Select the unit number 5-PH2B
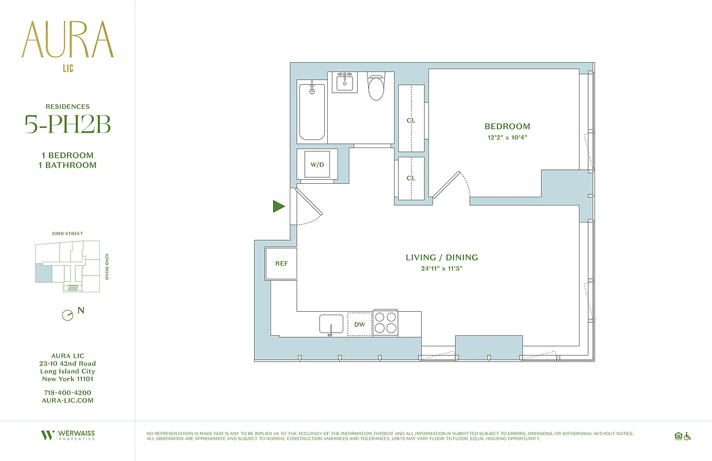pos(67,125)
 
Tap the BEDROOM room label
pos(507,126)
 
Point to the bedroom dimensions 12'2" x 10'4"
pos(507,137)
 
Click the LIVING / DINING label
pos(442,258)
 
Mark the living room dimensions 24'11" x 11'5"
pos(442,269)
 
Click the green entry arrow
pos(279,206)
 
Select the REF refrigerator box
pos(281,263)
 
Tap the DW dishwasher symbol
pos(359,324)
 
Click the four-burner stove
pos(386,323)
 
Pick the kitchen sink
pos(331,324)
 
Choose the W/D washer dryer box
pos(317,165)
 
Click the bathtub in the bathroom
pos(312,112)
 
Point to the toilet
pos(376,88)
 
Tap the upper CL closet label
pos(411,120)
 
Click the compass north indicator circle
pos(67,315)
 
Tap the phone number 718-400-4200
pos(67,392)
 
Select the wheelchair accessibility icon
pos(687,436)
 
